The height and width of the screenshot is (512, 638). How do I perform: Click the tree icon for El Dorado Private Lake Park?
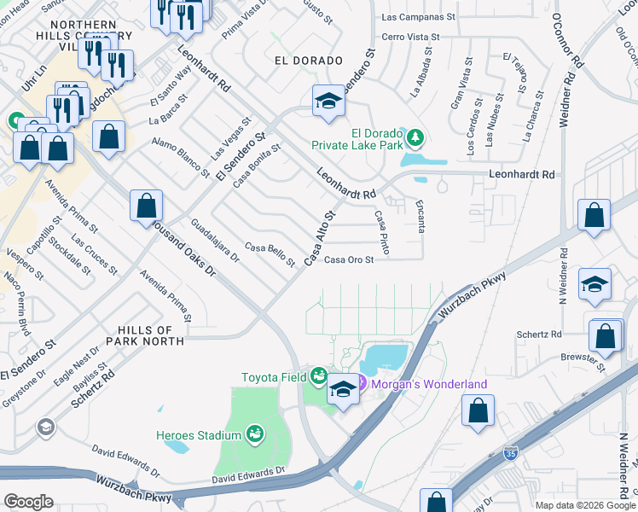(415, 137)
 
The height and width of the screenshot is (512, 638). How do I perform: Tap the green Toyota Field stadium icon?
(319, 375)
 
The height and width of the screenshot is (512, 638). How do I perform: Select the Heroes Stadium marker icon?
(254, 435)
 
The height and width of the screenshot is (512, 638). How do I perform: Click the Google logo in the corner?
(28, 501)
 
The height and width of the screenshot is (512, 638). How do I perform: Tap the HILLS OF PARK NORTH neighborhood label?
(140, 335)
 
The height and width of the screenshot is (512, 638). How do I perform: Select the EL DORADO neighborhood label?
(308, 61)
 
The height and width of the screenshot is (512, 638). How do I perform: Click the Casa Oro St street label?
(349, 261)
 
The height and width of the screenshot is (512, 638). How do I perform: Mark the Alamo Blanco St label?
(182, 159)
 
